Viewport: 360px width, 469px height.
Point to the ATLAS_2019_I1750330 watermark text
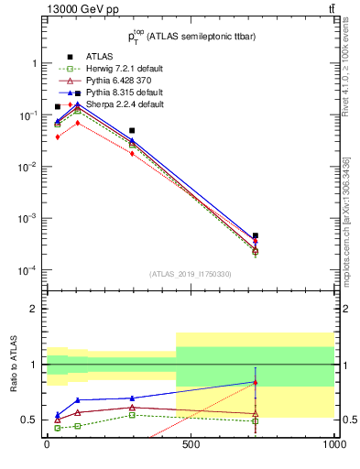coord(191,274)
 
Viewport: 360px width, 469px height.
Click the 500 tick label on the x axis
coord(191,448)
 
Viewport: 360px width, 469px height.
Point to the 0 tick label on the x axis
coord(47,448)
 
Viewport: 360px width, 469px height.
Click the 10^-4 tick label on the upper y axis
coord(27,271)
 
